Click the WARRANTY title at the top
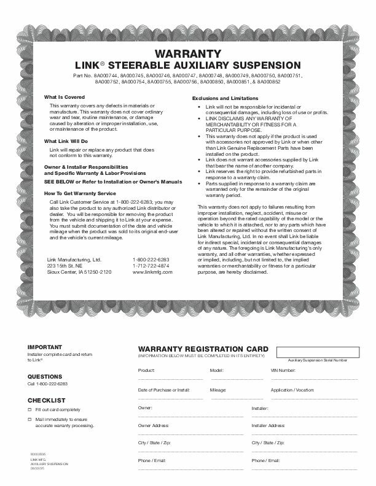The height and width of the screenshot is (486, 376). (188, 53)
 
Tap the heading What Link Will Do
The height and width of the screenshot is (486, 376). (66, 142)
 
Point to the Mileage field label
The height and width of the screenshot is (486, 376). (219, 390)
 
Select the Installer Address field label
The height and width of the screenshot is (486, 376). (268, 425)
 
